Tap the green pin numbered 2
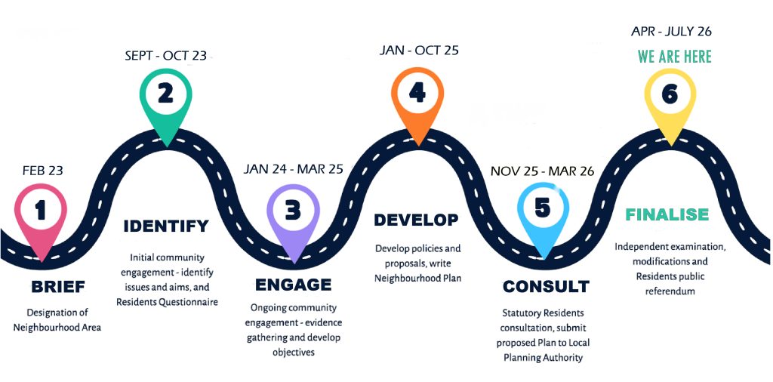pyautogui.click(x=166, y=95)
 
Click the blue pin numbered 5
pyautogui.click(x=542, y=210)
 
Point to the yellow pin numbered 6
pyautogui.click(x=669, y=96)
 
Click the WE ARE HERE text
pyautogui.click(x=674, y=57)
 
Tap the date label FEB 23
pyautogui.click(x=42, y=171)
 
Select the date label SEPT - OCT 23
pyautogui.click(x=166, y=55)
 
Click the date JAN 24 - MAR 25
pyautogui.click(x=293, y=169)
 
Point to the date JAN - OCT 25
pyautogui.click(x=419, y=51)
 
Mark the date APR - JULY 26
pyautogui.click(x=671, y=32)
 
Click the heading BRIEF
pyautogui.click(x=58, y=287)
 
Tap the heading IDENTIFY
pyautogui.click(x=166, y=226)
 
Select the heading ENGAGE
pyautogui.click(x=293, y=285)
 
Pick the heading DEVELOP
pyautogui.click(x=416, y=220)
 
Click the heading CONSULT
pyautogui.click(x=546, y=287)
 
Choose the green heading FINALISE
pyautogui.click(x=667, y=214)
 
